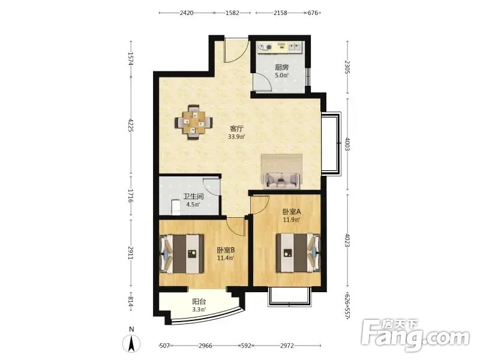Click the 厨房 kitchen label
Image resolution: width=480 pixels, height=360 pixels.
281,67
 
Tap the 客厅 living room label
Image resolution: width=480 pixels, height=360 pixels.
236,129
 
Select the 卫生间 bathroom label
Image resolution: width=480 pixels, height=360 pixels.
193,197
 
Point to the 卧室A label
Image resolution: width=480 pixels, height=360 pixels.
292,212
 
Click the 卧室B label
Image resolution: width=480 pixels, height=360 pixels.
226,250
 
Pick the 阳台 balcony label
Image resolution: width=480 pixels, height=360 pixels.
199,302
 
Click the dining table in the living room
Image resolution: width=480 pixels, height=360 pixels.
194,122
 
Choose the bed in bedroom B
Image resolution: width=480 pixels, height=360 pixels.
182,254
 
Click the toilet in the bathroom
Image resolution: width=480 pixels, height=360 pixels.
175,207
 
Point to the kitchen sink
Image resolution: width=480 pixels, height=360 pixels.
295,47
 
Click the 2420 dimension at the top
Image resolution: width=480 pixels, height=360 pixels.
187,13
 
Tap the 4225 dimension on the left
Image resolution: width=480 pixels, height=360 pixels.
131,125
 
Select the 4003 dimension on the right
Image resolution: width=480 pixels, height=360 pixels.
347,144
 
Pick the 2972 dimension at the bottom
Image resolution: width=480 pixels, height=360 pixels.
287,346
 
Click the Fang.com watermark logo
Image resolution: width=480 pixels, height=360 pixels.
415,335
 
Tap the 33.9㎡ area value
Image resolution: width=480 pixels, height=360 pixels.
236,137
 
